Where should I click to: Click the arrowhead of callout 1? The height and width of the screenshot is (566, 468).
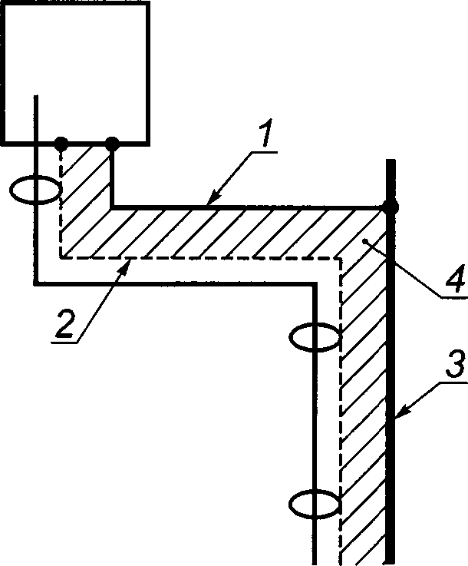212,199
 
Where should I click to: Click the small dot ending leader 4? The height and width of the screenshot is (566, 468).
365,240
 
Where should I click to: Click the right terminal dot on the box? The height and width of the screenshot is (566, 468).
112,144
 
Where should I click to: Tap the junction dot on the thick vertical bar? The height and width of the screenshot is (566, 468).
390,207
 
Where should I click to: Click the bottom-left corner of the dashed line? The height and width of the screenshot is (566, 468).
61,258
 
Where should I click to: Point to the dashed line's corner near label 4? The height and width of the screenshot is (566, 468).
340,259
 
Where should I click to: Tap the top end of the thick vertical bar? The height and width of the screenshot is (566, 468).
391,160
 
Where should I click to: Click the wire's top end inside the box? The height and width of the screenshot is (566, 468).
36,96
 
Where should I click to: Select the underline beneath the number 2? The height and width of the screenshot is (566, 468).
64,342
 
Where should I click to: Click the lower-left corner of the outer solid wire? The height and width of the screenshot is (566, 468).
36,283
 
